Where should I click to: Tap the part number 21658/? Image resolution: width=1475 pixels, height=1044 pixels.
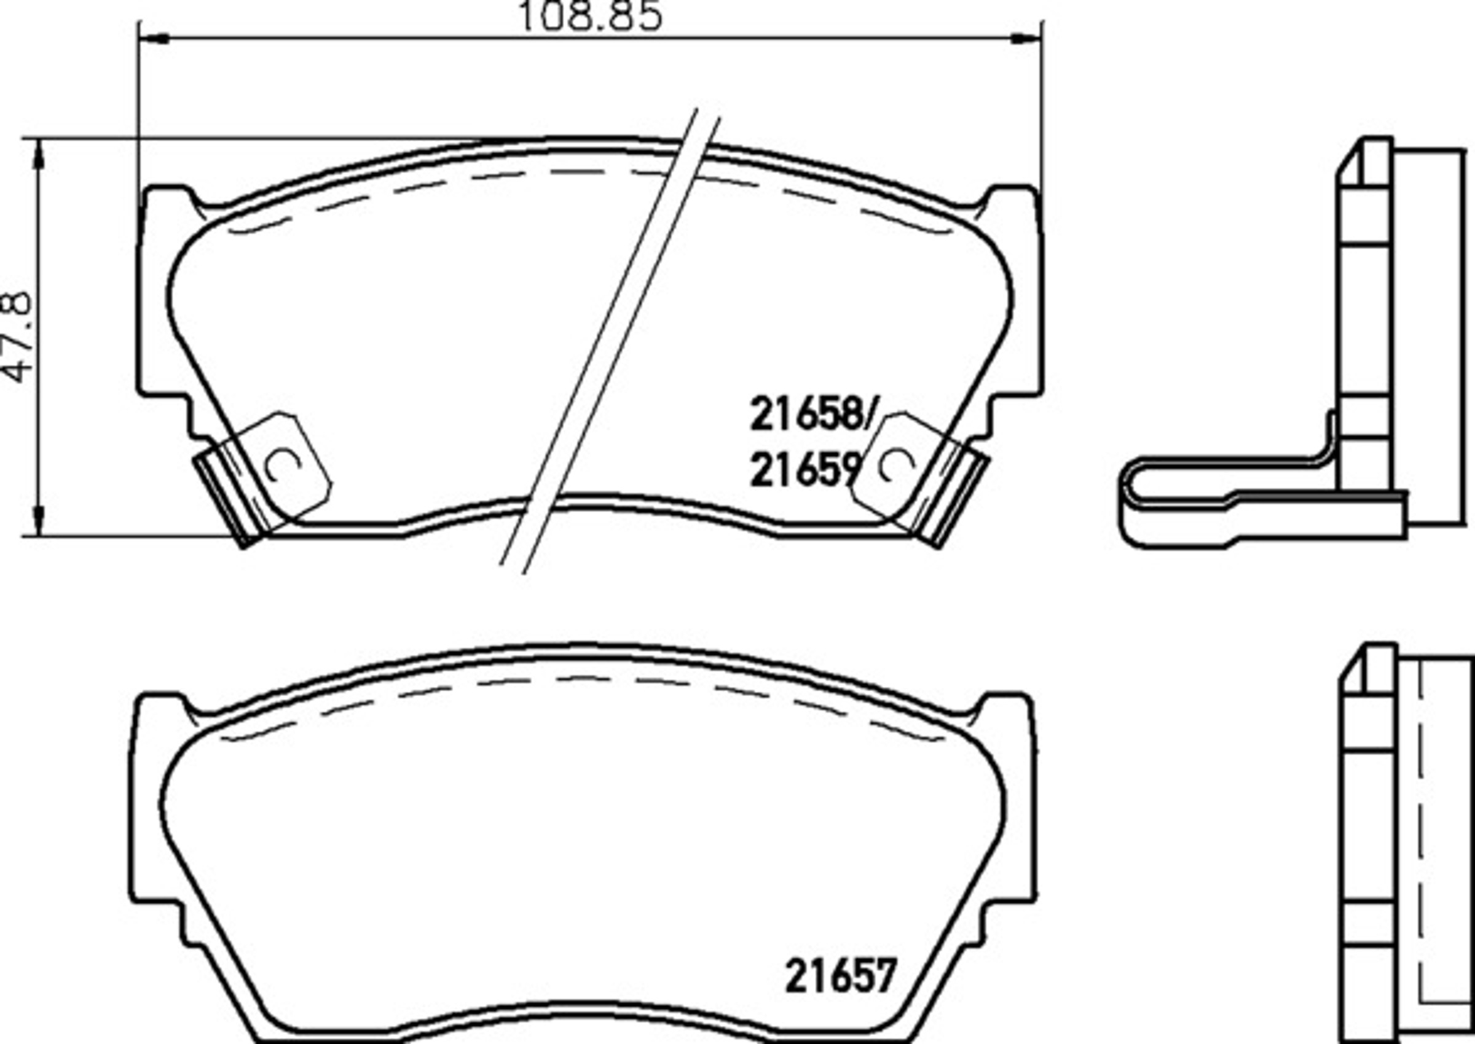click(x=811, y=414)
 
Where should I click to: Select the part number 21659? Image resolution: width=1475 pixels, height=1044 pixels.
click(x=804, y=470)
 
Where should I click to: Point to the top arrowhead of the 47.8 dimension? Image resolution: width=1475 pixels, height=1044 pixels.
click(x=41, y=153)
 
